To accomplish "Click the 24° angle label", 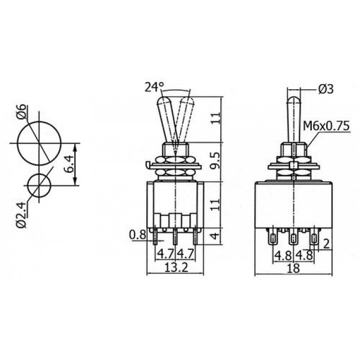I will click(155, 87).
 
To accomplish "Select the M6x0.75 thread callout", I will click(326, 126).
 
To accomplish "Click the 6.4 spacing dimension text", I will click(69, 164).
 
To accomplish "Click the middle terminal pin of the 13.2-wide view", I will click(177, 238).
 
